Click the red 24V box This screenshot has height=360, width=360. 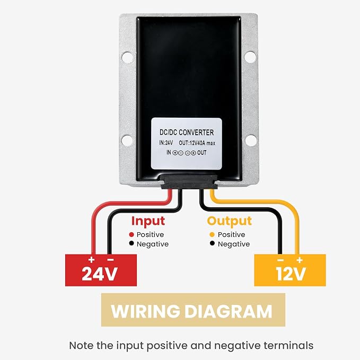(101, 270)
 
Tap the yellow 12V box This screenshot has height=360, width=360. (290, 270)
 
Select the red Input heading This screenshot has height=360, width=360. (148, 221)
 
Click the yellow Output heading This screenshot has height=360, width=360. (230, 221)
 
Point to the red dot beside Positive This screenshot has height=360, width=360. (131, 234)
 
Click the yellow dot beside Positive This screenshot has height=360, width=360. (212, 234)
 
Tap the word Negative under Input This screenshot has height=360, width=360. (153, 244)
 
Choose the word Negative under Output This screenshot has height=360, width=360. (234, 244)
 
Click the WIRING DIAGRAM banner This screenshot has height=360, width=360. (193, 310)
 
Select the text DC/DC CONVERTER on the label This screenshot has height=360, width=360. (187, 133)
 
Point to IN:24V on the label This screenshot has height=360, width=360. (166, 143)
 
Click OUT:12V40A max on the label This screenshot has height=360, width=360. (197, 143)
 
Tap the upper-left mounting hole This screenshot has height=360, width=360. (127, 57)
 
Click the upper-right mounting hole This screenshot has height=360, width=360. (250, 57)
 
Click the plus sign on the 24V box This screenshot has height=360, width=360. (92, 260)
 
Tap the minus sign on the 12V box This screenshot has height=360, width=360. (280, 260)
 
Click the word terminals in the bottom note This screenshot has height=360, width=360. (288, 346)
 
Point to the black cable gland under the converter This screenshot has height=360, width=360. (189, 182)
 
